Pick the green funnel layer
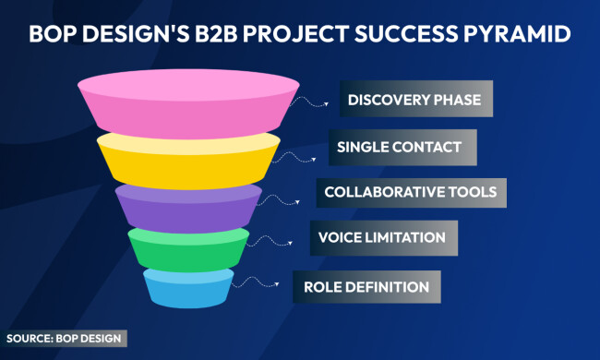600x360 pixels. click(x=188, y=247)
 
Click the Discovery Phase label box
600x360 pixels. click(x=415, y=100)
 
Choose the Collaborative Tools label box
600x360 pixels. click(x=411, y=192)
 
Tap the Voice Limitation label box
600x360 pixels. click(x=382, y=237)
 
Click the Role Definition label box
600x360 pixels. click(x=366, y=286)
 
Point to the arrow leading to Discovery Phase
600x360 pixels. click(x=318, y=102)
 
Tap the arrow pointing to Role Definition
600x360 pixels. click(x=271, y=286)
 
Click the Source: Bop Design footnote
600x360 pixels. click(x=66, y=338)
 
